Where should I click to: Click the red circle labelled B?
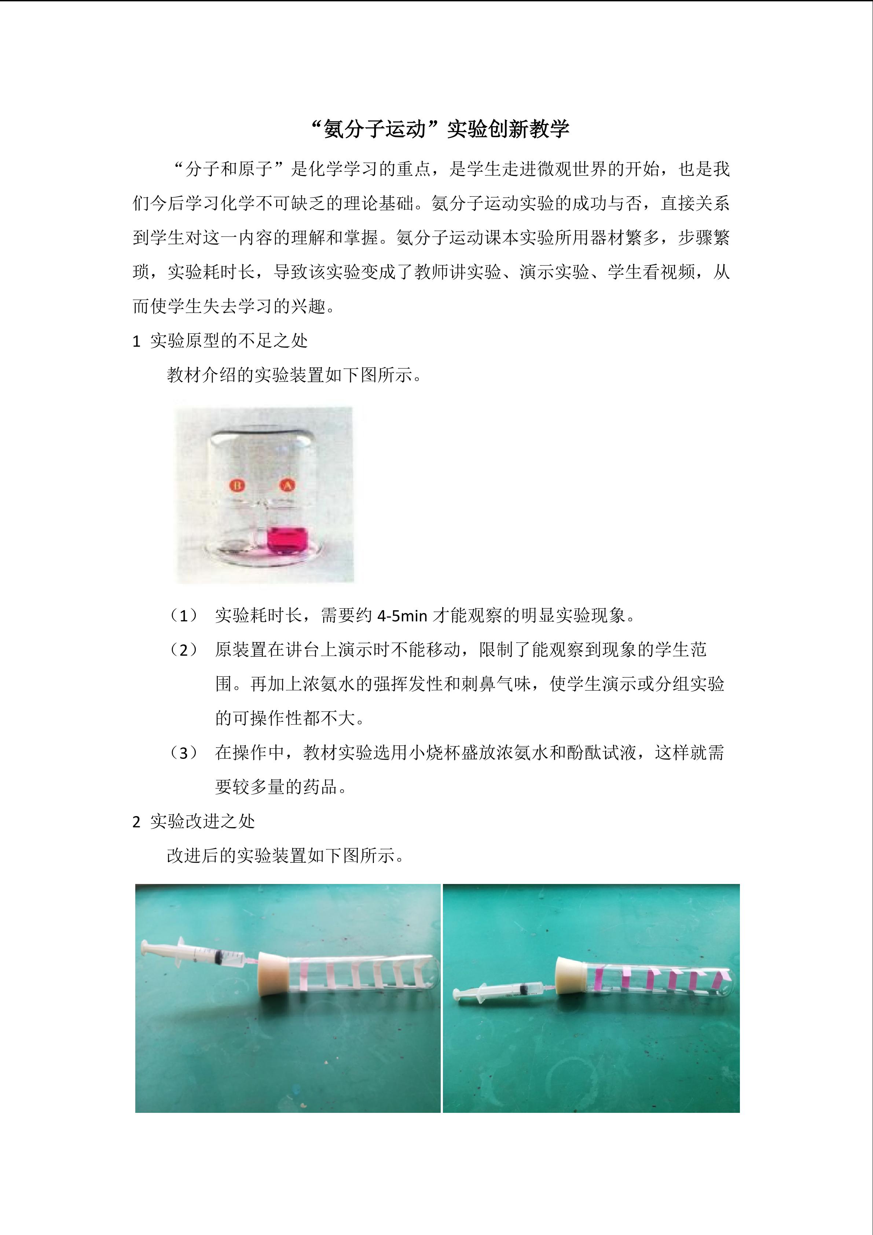click(x=237, y=485)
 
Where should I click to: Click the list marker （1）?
click(x=183, y=615)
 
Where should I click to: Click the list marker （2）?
click(x=183, y=650)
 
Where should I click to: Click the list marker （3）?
click(x=183, y=753)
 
